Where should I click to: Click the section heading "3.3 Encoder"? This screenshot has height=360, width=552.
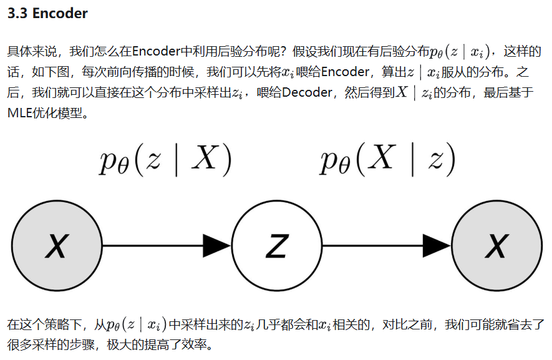pyautogui.click(x=47, y=14)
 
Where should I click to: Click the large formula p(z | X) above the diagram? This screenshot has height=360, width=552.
pyautogui.click(x=165, y=161)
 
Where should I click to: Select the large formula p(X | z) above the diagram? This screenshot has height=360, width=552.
pyautogui.click(x=387, y=161)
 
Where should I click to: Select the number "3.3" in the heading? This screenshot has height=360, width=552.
pyautogui.click(x=17, y=14)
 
